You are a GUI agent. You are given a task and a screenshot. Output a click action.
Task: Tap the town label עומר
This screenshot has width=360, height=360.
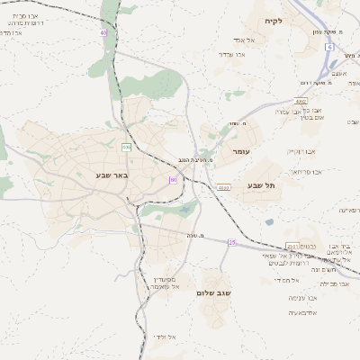(x=241, y=152)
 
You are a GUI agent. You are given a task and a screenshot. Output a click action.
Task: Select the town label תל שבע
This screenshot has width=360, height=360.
(x=261, y=185)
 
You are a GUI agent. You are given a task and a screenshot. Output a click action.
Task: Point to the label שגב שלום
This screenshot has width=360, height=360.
(x=218, y=293)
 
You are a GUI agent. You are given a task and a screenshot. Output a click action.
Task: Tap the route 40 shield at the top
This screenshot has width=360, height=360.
(x=103, y=32)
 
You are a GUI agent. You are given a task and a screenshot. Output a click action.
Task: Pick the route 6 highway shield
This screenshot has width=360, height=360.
(x=330, y=46)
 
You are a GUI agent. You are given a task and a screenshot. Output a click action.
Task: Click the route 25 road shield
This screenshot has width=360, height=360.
(x=231, y=242)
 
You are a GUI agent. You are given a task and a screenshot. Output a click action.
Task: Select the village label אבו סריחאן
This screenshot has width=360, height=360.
(x=306, y=170)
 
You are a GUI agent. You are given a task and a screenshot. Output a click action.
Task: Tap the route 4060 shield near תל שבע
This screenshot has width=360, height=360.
(x=223, y=187)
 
